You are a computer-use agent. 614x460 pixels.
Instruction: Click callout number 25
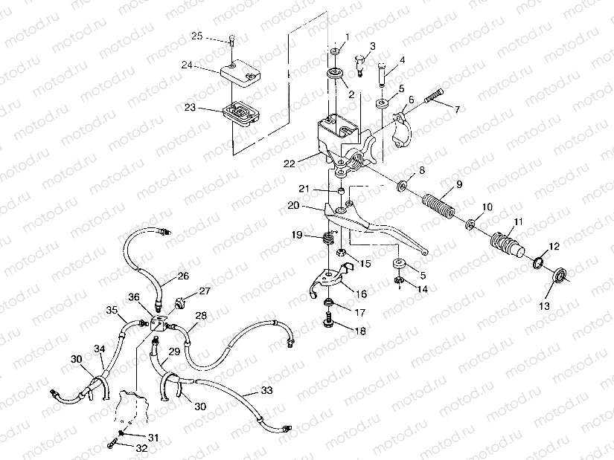click(196, 36)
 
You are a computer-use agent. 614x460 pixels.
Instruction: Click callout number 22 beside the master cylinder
click(290, 162)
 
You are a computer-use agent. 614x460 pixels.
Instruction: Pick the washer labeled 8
click(403, 184)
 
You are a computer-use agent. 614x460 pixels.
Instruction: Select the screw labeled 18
click(329, 323)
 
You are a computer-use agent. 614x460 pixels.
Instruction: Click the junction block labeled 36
click(158, 325)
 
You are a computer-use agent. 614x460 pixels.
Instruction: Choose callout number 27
click(205, 291)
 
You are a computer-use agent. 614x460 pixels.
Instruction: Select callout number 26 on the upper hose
click(183, 276)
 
